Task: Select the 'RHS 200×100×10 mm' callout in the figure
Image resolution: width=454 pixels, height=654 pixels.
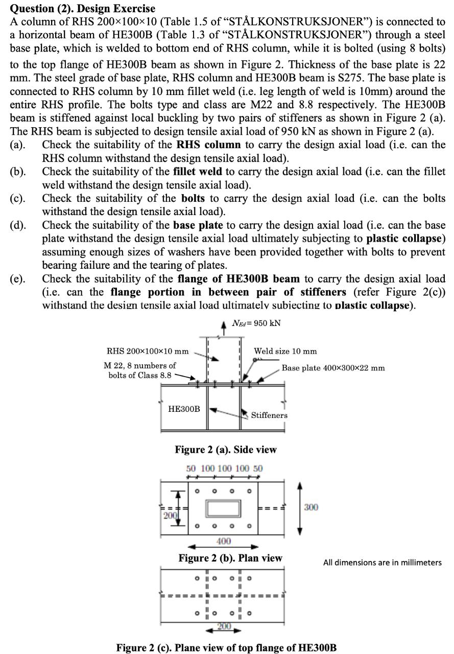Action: point(147,351)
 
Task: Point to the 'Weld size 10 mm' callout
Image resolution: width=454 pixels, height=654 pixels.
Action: point(285,351)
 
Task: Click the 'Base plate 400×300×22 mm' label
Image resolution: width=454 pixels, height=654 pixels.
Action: point(333,367)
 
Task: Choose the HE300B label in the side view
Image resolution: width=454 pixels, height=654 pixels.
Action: point(184,409)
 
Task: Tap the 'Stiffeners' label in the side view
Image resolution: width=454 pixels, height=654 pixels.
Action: point(269,415)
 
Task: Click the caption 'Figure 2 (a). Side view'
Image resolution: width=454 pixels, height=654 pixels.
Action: point(226,450)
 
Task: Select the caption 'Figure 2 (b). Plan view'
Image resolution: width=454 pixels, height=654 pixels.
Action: point(230,558)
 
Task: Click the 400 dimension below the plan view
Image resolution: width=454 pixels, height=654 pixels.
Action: point(224,541)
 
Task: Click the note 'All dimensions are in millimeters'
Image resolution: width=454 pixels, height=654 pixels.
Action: point(382,563)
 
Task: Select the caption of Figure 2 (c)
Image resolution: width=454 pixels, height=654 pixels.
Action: point(226,648)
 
